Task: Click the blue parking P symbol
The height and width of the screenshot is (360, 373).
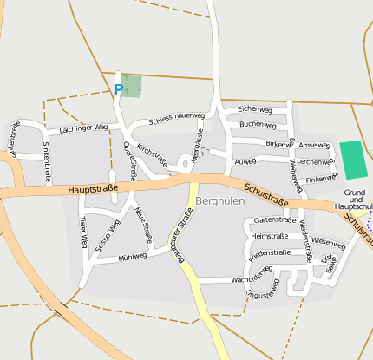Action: [119, 88]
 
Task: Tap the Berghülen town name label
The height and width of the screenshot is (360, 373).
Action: [221, 200]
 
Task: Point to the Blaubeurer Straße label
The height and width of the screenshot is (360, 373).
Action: [181, 233]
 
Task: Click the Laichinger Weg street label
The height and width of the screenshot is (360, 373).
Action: [82, 128]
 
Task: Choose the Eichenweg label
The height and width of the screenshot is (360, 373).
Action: [255, 110]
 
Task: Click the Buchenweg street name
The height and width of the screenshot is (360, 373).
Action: [258, 124]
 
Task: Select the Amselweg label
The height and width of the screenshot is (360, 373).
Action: [313, 145]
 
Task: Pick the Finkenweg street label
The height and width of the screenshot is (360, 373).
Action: [321, 177]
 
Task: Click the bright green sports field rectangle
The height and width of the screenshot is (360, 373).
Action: [352, 160]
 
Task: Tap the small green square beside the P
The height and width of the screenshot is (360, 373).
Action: [130, 86]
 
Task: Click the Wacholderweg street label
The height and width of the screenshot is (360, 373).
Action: [252, 278]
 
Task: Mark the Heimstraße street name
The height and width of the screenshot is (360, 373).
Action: [268, 236]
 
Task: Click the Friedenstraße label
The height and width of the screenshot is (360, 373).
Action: [269, 253]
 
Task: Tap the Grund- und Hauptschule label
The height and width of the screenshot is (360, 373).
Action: [358, 200]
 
